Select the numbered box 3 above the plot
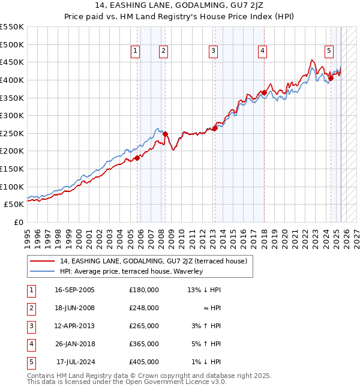click(213, 52)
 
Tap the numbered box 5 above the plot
click(329, 52)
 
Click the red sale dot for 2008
click(166, 134)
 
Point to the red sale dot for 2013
click(215, 128)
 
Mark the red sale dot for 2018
click(264, 92)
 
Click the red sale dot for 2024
click(331, 78)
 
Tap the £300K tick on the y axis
click(12, 115)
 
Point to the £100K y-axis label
click(12, 187)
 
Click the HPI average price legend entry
click(131, 271)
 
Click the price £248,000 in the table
click(144, 308)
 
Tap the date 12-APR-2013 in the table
click(74, 326)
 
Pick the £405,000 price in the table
click(144, 362)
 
